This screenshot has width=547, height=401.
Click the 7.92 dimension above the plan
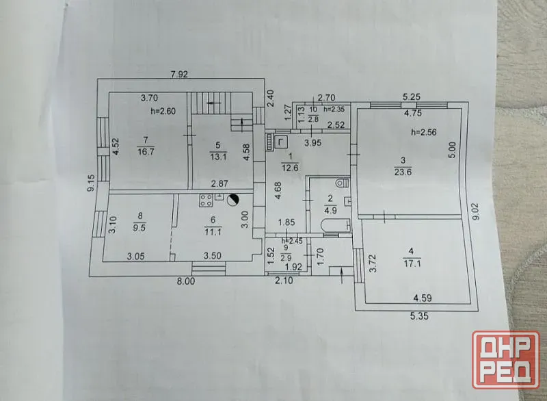(179, 75)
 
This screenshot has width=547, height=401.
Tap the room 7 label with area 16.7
(146, 146)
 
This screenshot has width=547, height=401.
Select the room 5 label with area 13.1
(218, 151)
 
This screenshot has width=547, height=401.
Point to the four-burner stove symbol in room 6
(206, 200)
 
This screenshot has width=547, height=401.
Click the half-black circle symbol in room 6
(232, 200)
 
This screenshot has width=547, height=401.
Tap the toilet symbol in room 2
(343, 183)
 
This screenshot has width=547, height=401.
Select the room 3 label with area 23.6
(403, 166)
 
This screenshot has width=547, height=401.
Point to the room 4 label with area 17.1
(412, 257)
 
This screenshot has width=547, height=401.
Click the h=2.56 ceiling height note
(424, 132)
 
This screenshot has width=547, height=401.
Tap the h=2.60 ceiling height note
(163, 112)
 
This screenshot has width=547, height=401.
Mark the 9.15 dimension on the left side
(91, 183)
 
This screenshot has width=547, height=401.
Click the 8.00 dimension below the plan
(185, 281)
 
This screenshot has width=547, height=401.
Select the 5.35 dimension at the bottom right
(419, 316)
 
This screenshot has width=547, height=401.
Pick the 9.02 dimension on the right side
(477, 211)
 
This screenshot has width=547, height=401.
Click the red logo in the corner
(505, 359)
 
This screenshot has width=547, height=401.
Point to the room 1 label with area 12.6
(290, 162)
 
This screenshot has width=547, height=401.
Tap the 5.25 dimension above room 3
(412, 96)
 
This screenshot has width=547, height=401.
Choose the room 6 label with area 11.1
(213, 226)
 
